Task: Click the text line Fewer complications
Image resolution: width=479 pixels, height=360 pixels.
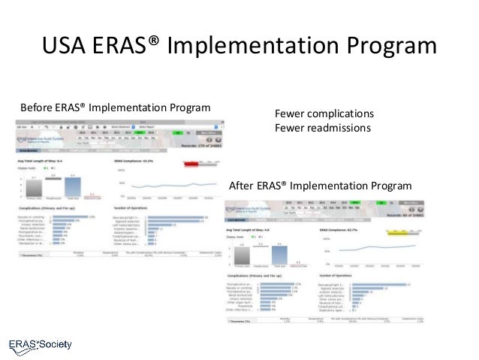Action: [x=324, y=113]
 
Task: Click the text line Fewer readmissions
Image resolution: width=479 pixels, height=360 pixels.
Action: [x=323, y=128]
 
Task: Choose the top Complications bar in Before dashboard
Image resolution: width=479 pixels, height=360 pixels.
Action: [x=73, y=216]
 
